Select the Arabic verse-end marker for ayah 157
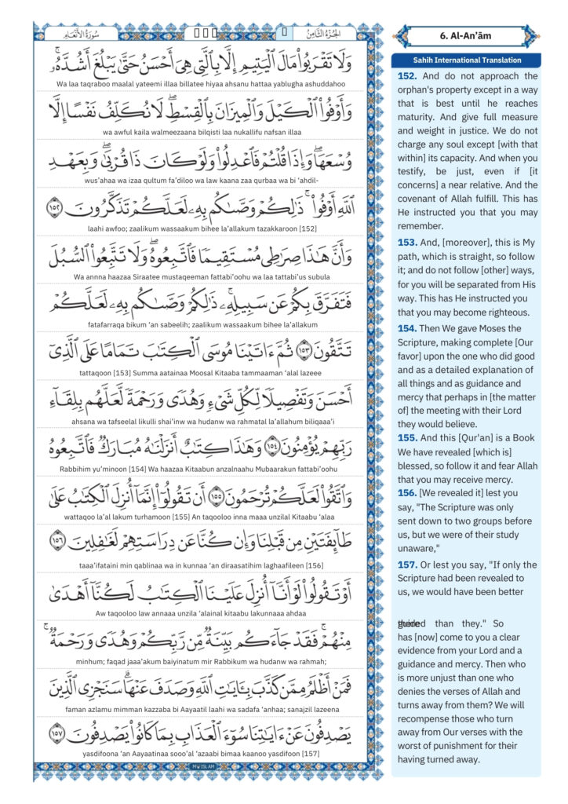pos(57,736)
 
